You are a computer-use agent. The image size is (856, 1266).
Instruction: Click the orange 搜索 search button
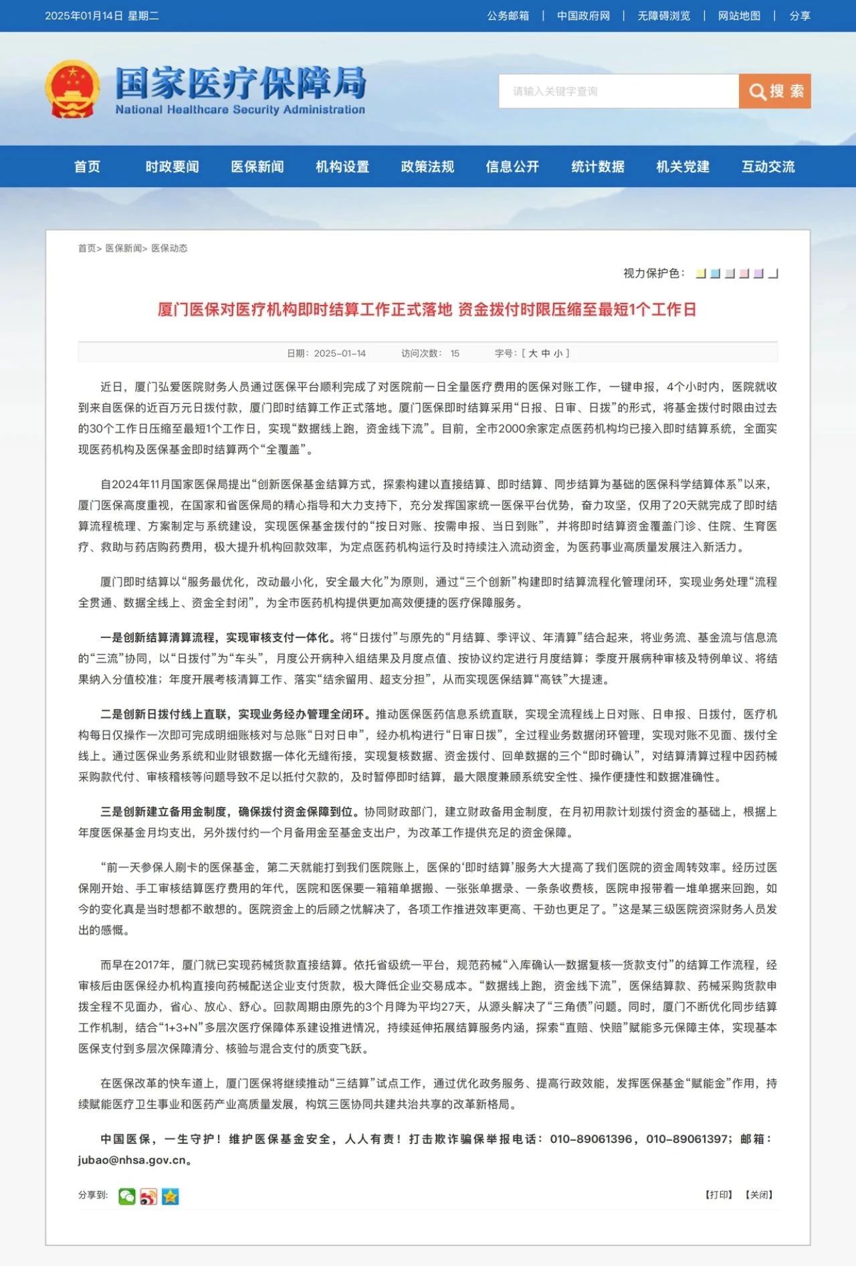click(x=774, y=91)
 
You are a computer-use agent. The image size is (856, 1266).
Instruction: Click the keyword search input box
click(x=618, y=91)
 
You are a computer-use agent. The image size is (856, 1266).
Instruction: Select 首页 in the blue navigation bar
click(x=87, y=167)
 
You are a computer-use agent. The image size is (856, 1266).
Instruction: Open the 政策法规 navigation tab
click(x=427, y=167)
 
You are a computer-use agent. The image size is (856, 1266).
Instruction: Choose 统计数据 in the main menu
click(x=598, y=167)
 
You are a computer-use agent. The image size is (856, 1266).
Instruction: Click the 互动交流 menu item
click(x=768, y=167)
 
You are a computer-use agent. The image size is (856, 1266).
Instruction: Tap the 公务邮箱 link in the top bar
click(x=508, y=15)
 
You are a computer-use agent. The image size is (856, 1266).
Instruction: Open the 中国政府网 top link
click(x=583, y=15)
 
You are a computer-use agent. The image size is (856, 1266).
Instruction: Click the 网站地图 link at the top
click(x=739, y=15)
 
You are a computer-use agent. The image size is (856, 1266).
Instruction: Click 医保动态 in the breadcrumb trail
click(x=169, y=248)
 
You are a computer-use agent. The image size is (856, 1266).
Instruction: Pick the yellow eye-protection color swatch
click(x=701, y=274)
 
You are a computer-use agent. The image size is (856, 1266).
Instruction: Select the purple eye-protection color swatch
click(x=758, y=274)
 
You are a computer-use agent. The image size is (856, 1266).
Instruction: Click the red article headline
click(x=427, y=309)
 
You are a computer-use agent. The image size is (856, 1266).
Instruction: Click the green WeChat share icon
click(x=126, y=1196)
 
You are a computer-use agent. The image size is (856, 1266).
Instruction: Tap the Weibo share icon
click(x=148, y=1196)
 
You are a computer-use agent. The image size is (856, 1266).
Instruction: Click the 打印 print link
click(x=719, y=1194)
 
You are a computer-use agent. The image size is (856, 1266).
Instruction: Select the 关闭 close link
click(x=759, y=1194)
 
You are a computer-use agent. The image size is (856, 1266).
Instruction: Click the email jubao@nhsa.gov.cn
click(x=132, y=1160)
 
